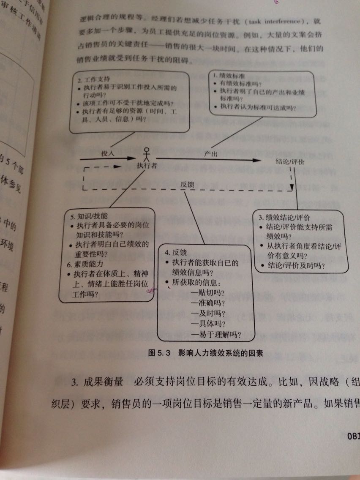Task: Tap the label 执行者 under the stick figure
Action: tap(147, 165)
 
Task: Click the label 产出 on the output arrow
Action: tap(211, 154)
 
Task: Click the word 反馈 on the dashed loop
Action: tap(187, 184)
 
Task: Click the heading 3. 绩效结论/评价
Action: tap(284, 218)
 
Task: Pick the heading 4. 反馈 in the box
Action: tap(176, 252)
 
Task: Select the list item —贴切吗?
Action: tap(207, 292)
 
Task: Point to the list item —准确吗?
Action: tap(207, 303)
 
